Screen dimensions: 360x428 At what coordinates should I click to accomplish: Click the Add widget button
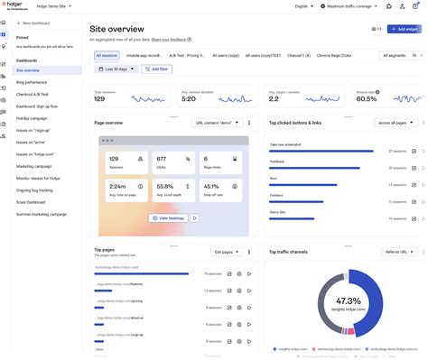click(x=403, y=29)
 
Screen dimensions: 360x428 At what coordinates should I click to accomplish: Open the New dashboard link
click(x=35, y=22)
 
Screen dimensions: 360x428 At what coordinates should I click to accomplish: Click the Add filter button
click(x=155, y=69)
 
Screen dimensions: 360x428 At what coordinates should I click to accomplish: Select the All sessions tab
click(x=107, y=55)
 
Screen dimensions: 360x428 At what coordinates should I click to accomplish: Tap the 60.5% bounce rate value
click(x=366, y=98)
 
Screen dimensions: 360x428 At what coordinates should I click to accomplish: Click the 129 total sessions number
click(x=100, y=98)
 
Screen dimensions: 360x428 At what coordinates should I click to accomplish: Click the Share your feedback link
click(x=172, y=41)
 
